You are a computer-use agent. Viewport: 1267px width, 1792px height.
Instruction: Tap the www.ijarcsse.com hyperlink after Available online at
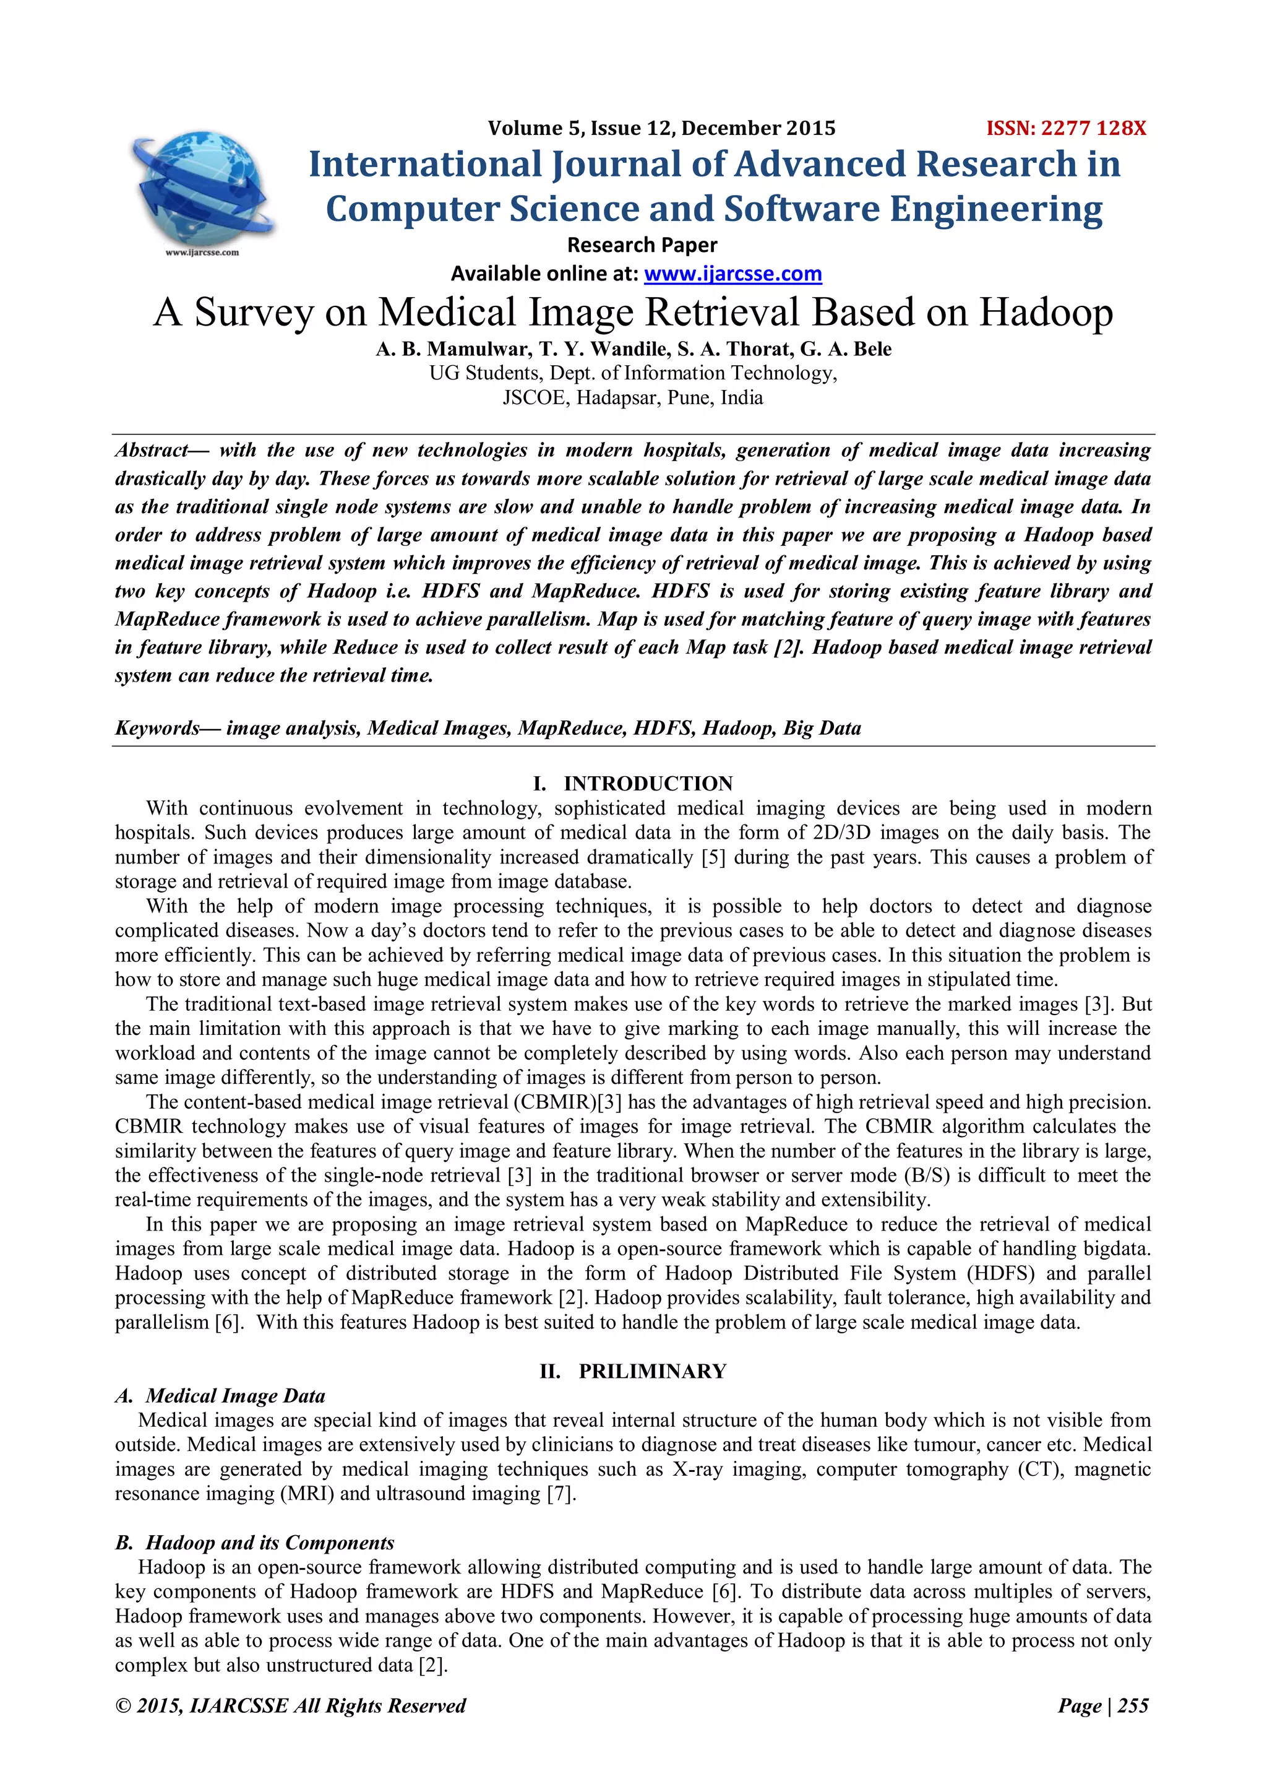732,274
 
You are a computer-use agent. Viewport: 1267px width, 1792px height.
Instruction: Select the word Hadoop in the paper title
1046,312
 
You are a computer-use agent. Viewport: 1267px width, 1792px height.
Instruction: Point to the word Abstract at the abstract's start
152,451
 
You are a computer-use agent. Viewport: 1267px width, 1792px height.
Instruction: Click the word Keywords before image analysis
157,728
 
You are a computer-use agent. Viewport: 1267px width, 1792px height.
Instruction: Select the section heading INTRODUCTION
648,784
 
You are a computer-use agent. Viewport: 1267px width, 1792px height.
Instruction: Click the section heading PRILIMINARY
652,1371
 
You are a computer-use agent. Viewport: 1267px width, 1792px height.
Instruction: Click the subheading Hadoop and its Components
270,1543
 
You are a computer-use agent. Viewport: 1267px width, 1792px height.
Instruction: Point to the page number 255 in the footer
1133,1705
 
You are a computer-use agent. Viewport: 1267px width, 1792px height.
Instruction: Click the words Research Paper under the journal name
642,245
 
